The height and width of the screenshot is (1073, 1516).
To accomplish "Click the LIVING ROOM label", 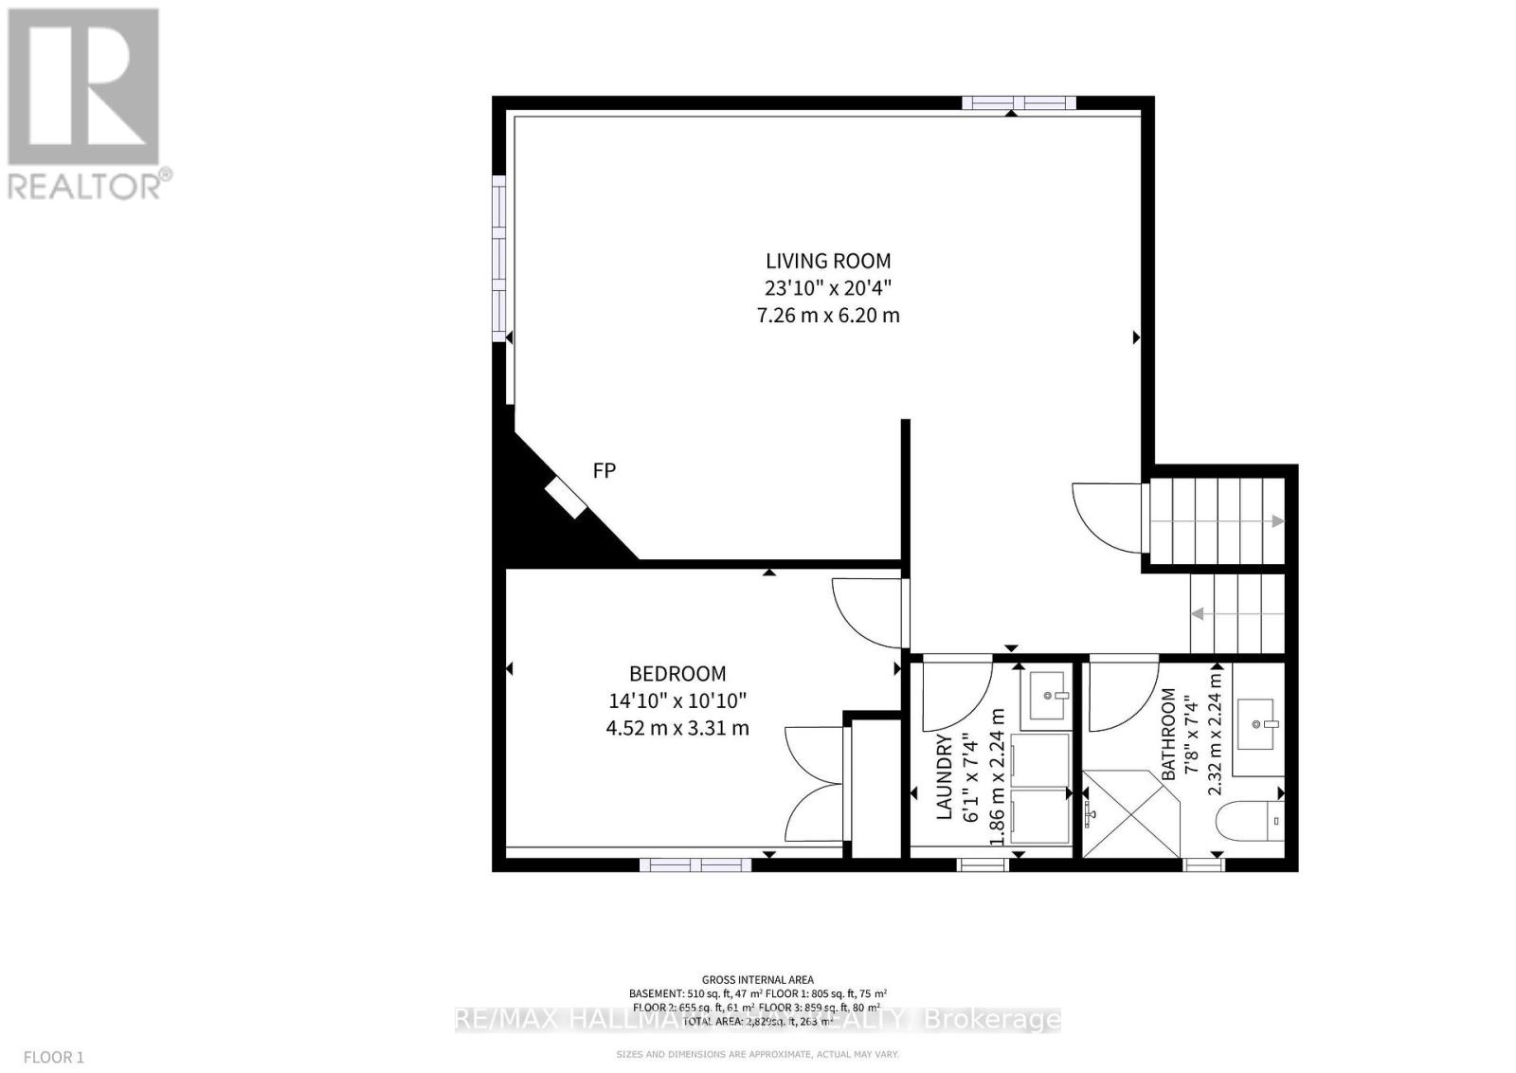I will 828,261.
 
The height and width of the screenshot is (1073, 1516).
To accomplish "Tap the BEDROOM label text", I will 677,674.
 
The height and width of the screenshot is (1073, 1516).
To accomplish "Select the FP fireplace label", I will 604,470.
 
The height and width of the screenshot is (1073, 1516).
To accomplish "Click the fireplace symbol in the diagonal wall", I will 566,498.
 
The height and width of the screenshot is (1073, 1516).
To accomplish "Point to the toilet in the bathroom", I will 1253,821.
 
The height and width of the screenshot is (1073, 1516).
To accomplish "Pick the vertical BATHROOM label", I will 1169,735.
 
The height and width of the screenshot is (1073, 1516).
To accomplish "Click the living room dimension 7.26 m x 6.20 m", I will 828,315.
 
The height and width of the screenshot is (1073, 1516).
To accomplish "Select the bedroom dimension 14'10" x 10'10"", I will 677,700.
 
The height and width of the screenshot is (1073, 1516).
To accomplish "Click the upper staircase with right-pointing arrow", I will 1216,520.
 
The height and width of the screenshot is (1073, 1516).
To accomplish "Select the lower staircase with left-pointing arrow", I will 1236,613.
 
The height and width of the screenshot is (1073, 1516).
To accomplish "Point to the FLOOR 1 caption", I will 54,1056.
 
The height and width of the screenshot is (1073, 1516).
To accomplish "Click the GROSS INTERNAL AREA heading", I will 757,980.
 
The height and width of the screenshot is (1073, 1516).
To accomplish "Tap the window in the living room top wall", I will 1019,103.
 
